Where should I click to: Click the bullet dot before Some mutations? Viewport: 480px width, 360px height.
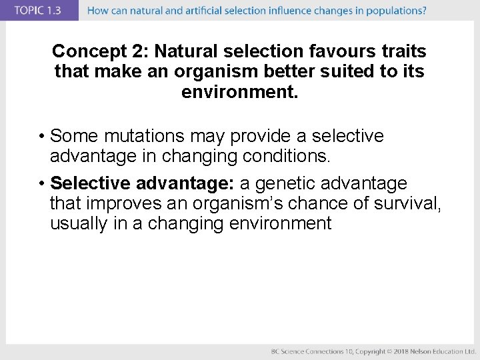41,137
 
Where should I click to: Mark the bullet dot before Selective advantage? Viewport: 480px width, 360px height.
41,183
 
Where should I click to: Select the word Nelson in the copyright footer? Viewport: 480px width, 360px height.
428,351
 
